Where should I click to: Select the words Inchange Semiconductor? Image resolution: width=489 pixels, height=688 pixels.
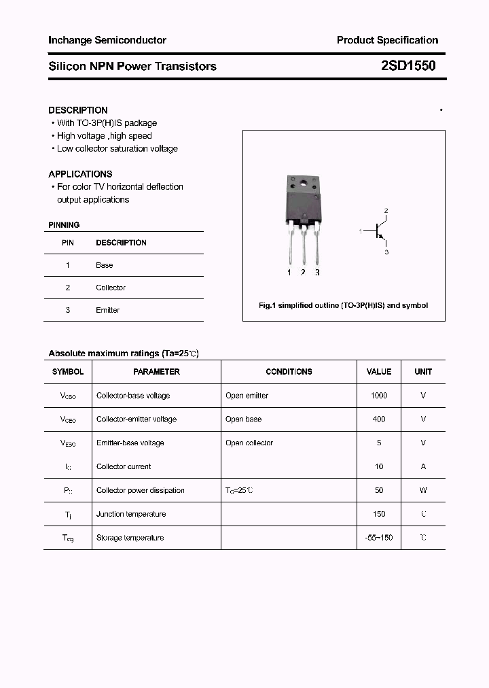pyautogui.click(x=107, y=40)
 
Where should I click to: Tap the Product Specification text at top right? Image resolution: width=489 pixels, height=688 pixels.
pyautogui.click(x=387, y=40)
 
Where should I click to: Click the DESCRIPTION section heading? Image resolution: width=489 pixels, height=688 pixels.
pyautogui.click(x=78, y=110)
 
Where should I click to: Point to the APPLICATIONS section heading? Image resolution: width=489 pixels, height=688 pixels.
pyautogui.click(x=80, y=174)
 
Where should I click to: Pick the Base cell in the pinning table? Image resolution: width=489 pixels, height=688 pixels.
pyautogui.click(x=105, y=265)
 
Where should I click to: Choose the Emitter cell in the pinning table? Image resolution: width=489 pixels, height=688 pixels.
pyautogui.click(x=107, y=310)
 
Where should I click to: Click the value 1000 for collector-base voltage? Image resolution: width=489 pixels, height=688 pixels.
pyautogui.click(x=379, y=396)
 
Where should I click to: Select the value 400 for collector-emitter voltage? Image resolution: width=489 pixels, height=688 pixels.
pyautogui.click(x=379, y=419)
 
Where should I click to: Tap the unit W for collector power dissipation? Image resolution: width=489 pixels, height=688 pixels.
pyautogui.click(x=423, y=490)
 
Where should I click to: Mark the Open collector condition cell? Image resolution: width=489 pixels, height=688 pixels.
pyautogui.click(x=249, y=443)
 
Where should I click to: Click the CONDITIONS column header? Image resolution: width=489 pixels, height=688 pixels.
pyautogui.click(x=289, y=372)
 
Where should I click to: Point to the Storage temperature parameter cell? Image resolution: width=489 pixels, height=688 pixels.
pyautogui.click(x=130, y=538)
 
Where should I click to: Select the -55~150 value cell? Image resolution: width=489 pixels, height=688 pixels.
pyautogui.click(x=379, y=538)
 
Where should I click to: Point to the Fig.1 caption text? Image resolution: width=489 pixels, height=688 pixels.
pyautogui.click(x=344, y=306)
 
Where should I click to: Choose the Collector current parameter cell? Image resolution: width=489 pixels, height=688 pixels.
pyautogui.click(x=124, y=466)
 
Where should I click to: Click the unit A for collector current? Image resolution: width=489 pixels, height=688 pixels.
pyautogui.click(x=423, y=466)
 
